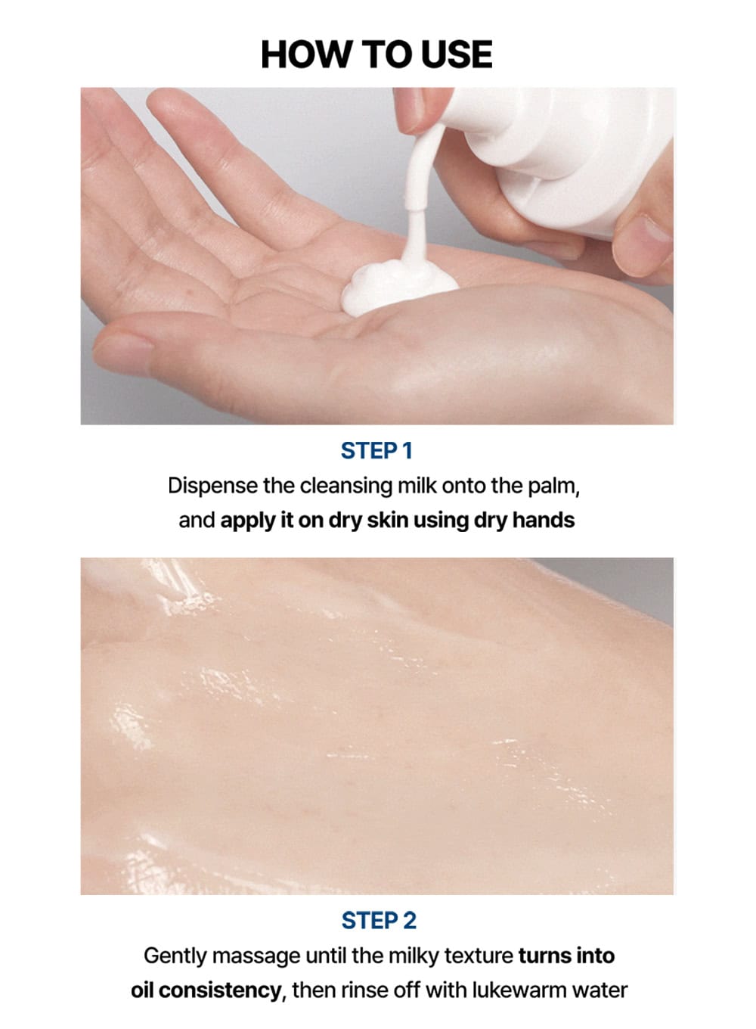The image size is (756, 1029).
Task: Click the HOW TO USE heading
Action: pos(376,54)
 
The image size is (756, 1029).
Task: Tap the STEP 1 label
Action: pos(376,451)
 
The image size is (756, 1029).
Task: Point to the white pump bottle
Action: pos(560,156)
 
